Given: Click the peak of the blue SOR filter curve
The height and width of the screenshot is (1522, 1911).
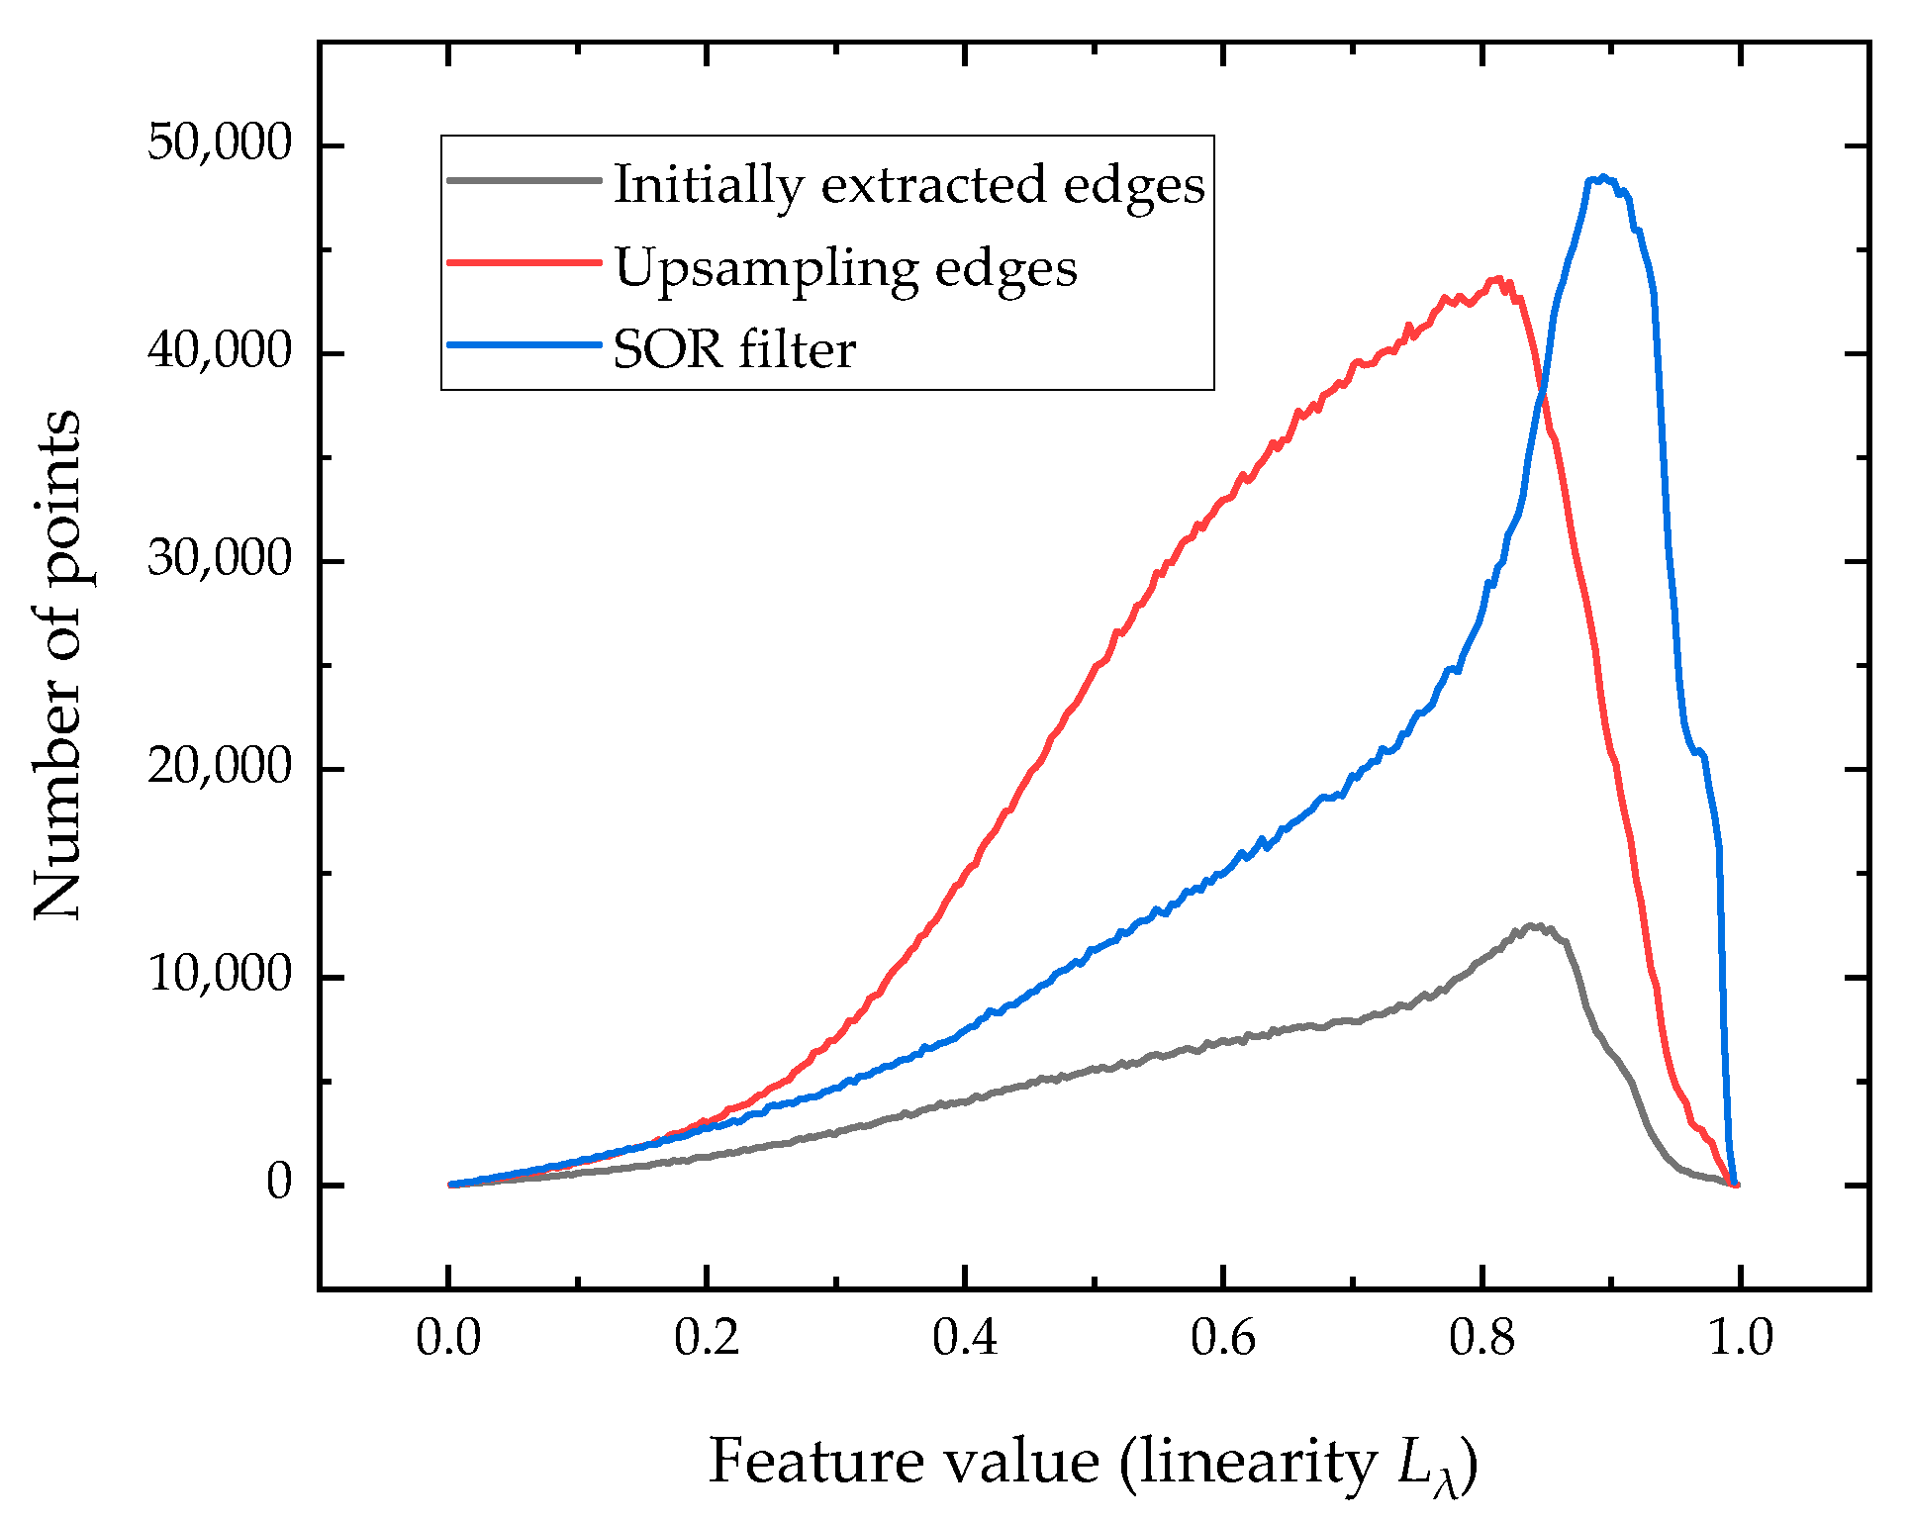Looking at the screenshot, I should coord(1602,178).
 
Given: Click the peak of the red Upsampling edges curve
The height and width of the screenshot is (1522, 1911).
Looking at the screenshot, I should coord(1499,280).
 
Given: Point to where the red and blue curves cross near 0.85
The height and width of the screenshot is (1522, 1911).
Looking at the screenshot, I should coord(1542,396).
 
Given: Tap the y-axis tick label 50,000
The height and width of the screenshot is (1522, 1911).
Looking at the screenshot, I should coord(220,144).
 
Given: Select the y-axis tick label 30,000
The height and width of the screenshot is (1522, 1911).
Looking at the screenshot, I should coord(220,560).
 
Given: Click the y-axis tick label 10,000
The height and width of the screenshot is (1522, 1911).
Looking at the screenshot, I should coord(220,976).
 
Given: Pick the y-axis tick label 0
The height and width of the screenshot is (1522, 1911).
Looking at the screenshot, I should coord(279,1184).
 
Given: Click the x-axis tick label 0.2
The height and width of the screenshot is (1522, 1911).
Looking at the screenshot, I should coord(706,1339).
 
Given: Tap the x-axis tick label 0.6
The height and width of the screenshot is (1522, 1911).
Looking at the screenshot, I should coord(1222,1339).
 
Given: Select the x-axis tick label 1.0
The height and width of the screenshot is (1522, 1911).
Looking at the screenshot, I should coord(1740,1339).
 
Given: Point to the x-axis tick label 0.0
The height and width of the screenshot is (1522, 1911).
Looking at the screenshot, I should coord(447,1339).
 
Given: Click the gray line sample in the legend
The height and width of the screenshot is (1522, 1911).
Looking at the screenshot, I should coord(524,181).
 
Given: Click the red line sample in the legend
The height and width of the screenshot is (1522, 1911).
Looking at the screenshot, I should coord(524,263).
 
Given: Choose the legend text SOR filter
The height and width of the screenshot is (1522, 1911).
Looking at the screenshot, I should coord(734,349).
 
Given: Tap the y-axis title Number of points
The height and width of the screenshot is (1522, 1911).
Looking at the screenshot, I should coord(57,664).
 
